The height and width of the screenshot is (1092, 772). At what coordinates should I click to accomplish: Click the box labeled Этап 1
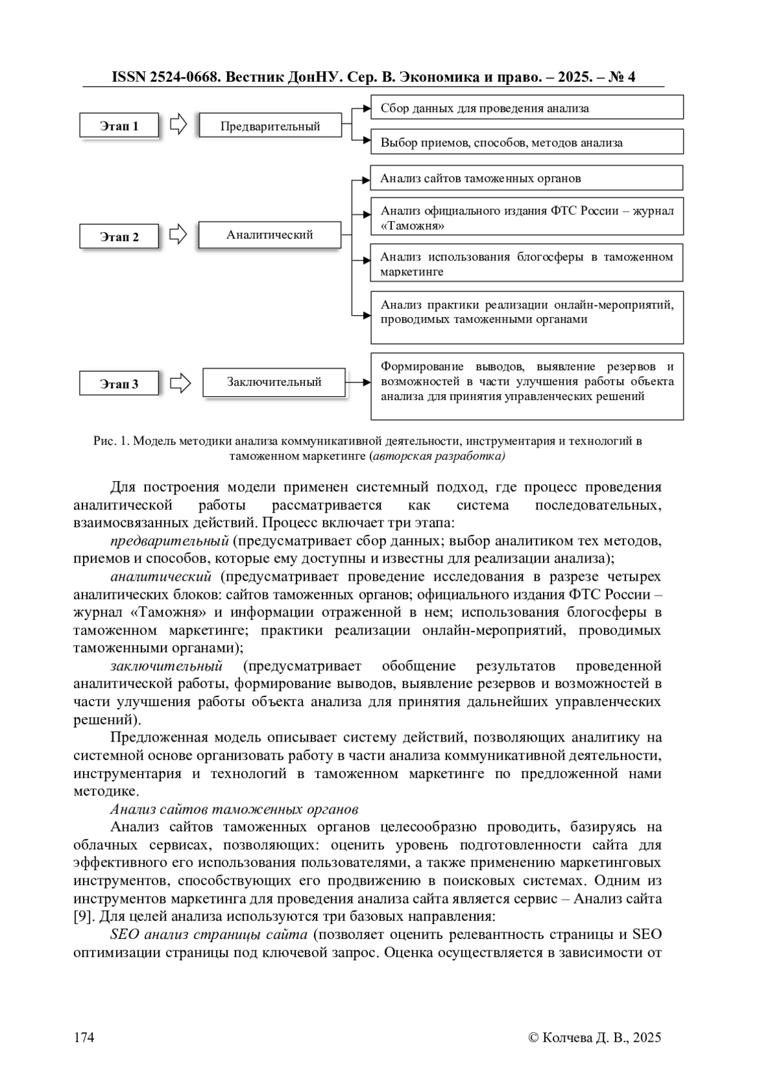pyautogui.click(x=119, y=126)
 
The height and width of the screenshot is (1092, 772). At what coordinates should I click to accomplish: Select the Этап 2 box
pyautogui.click(x=119, y=237)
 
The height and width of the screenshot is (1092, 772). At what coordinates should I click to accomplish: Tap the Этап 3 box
pyautogui.click(x=119, y=384)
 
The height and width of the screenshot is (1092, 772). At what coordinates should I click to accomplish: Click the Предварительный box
pyautogui.click(x=270, y=126)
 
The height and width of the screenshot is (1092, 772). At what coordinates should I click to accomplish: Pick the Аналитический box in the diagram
pyautogui.click(x=270, y=235)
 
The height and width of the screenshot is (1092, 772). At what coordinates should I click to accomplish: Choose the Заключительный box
pyautogui.click(x=273, y=382)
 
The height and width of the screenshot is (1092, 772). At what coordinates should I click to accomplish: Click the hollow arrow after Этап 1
pyautogui.click(x=178, y=125)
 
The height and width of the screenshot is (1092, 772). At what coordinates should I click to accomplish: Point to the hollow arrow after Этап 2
pyautogui.click(x=178, y=235)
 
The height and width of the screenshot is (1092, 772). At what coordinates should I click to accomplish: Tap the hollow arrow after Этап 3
pyautogui.click(x=181, y=383)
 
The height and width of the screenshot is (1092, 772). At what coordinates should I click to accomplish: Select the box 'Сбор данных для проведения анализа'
pyautogui.click(x=526, y=108)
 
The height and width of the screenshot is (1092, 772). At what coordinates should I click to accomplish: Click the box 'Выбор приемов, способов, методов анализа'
pyautogui.click(x=526, y=143)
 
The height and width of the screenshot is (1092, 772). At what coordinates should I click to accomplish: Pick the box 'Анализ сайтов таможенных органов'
pyautogui.click(x=526, y=178)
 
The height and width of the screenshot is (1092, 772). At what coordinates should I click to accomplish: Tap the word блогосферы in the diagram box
pyautogui.click(x=547, y=257)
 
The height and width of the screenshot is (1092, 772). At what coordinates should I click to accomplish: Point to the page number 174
pyautogui.click(x=84, y=1037)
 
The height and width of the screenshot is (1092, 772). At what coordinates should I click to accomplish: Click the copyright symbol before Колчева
pyautogui.click(x=533, y=1037)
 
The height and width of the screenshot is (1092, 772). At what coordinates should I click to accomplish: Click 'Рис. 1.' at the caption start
pyautogui.click(x=111, y=441)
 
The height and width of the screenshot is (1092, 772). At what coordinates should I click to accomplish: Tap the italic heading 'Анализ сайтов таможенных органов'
pyautogui.click(x=234, y=809)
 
